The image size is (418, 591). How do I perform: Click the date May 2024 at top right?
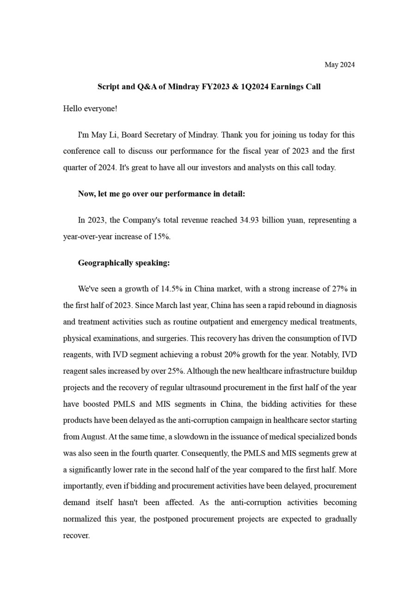click(339, 65)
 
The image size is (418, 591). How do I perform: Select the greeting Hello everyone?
click(90, 109)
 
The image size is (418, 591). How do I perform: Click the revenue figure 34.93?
click(249, 220)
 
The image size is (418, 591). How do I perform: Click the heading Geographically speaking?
click(124, 263)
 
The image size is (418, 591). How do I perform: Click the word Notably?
click(325, 355)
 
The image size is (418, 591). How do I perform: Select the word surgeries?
click(171, 338)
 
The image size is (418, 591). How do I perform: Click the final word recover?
click(76, 536)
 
